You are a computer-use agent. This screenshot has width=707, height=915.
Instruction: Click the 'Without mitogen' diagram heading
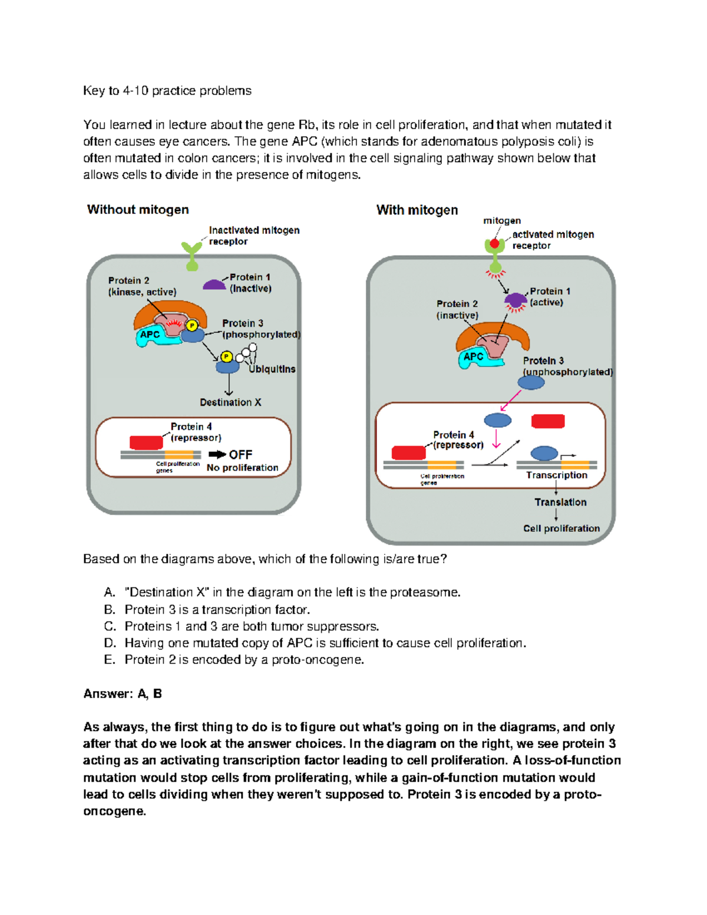click(x=138, y=210)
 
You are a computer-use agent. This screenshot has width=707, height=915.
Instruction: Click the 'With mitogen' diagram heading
click(x=417, y=210)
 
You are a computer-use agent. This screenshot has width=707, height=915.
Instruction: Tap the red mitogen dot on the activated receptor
click(x=494, y=243)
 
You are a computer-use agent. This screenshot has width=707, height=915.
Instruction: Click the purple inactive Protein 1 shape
click(x=214, y=285)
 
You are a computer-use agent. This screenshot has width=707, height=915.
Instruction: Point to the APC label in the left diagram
click(x=150, y=335)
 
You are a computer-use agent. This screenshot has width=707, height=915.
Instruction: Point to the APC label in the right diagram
click(x=473, y=356)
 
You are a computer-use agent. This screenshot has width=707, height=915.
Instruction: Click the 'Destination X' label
click(x=230, y=402)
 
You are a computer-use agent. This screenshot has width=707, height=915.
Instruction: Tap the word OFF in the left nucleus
click(x=240, y=454)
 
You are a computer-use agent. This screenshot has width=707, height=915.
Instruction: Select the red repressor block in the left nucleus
click(x=146, y=442)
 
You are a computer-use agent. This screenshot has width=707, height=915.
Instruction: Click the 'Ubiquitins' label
click(x=272, y=369)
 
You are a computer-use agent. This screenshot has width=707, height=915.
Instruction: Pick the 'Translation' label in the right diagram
click(x=560, y=502)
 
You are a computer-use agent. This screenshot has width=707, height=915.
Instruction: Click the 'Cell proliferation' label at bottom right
click(x=561, y=528)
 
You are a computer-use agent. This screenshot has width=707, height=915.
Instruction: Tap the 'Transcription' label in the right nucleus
click(x=557, y=475)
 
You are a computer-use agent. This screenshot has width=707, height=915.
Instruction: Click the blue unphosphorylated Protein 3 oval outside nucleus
click(x=531, y=382)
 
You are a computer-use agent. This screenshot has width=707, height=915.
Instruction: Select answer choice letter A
click(x=109, y=592)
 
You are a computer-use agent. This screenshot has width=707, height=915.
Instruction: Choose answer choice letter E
click(x=109, y=660)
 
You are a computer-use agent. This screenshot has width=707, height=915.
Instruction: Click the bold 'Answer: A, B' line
click(x=123, y=693)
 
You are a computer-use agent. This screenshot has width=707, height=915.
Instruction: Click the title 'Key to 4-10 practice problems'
click(x=167, y=91)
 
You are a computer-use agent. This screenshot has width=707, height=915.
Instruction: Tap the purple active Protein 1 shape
click(x=516, y=300)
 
